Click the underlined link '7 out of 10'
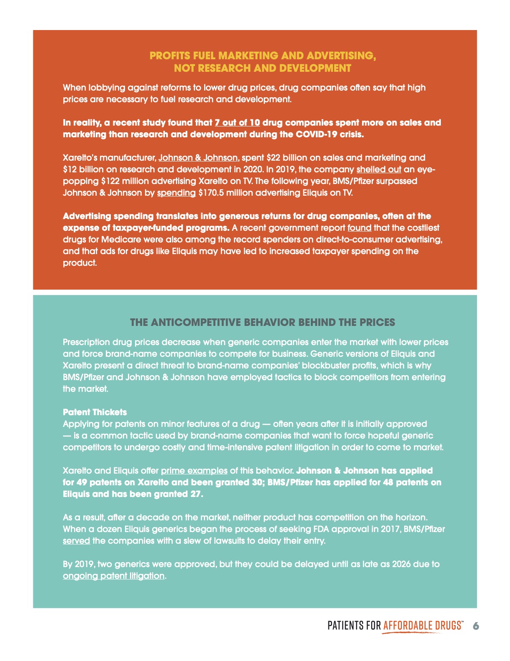[x=237, y=123]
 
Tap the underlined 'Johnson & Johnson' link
[x=198, y=158]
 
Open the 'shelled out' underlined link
[x=379, y=169]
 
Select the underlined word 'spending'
[x=176, y=193]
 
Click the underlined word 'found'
[x=359, y=228]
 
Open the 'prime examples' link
[x=194, y=471]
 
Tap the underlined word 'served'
[x=76, y=541]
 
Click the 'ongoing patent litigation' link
[x=114, y=576]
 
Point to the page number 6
[x=476, y=626]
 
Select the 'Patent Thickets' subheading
[x=95, y=412]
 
